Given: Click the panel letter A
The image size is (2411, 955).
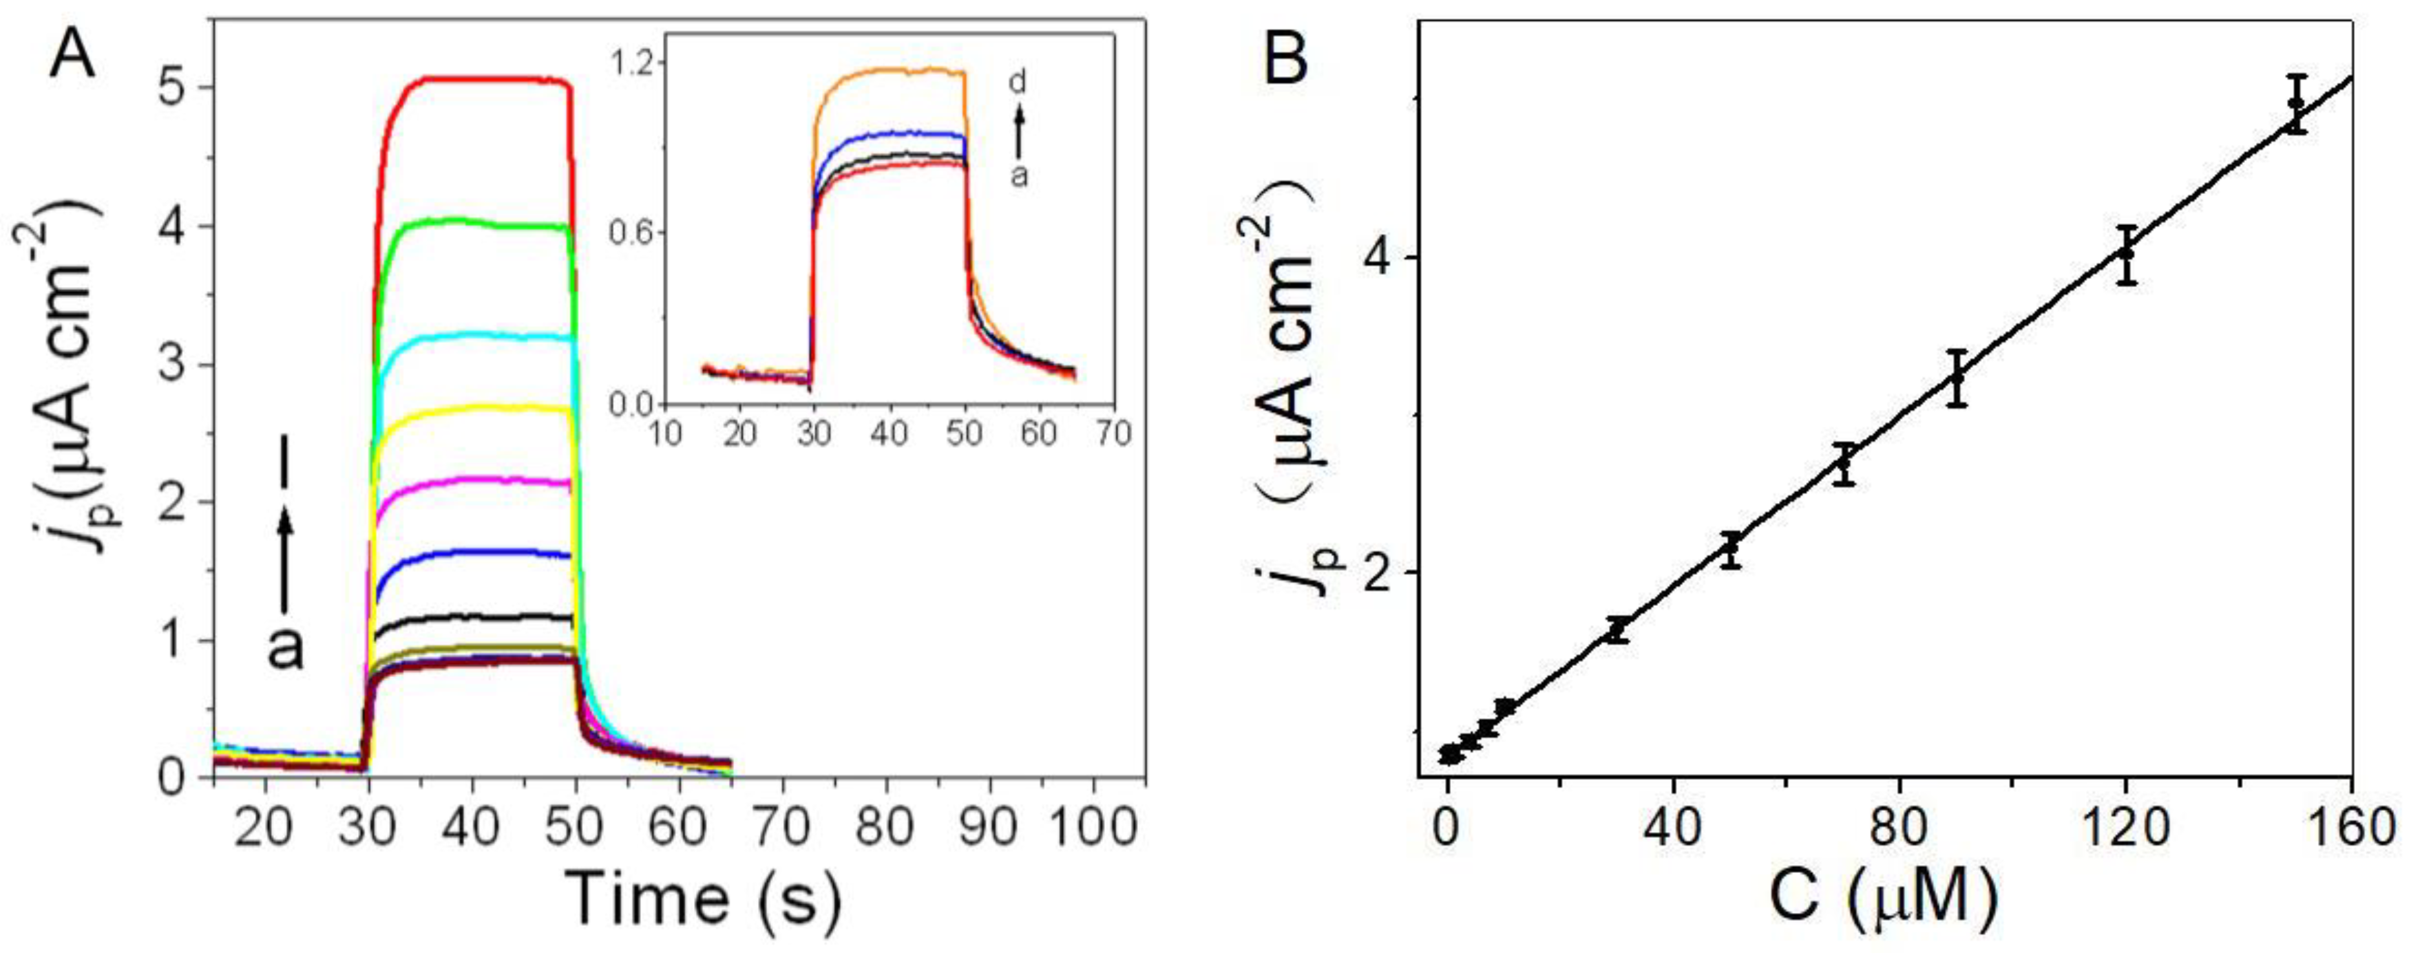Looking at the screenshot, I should [72, 58].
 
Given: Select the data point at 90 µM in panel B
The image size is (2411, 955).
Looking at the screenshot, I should [1956, 378].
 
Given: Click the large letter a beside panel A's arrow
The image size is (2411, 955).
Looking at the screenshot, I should [286, 648].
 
